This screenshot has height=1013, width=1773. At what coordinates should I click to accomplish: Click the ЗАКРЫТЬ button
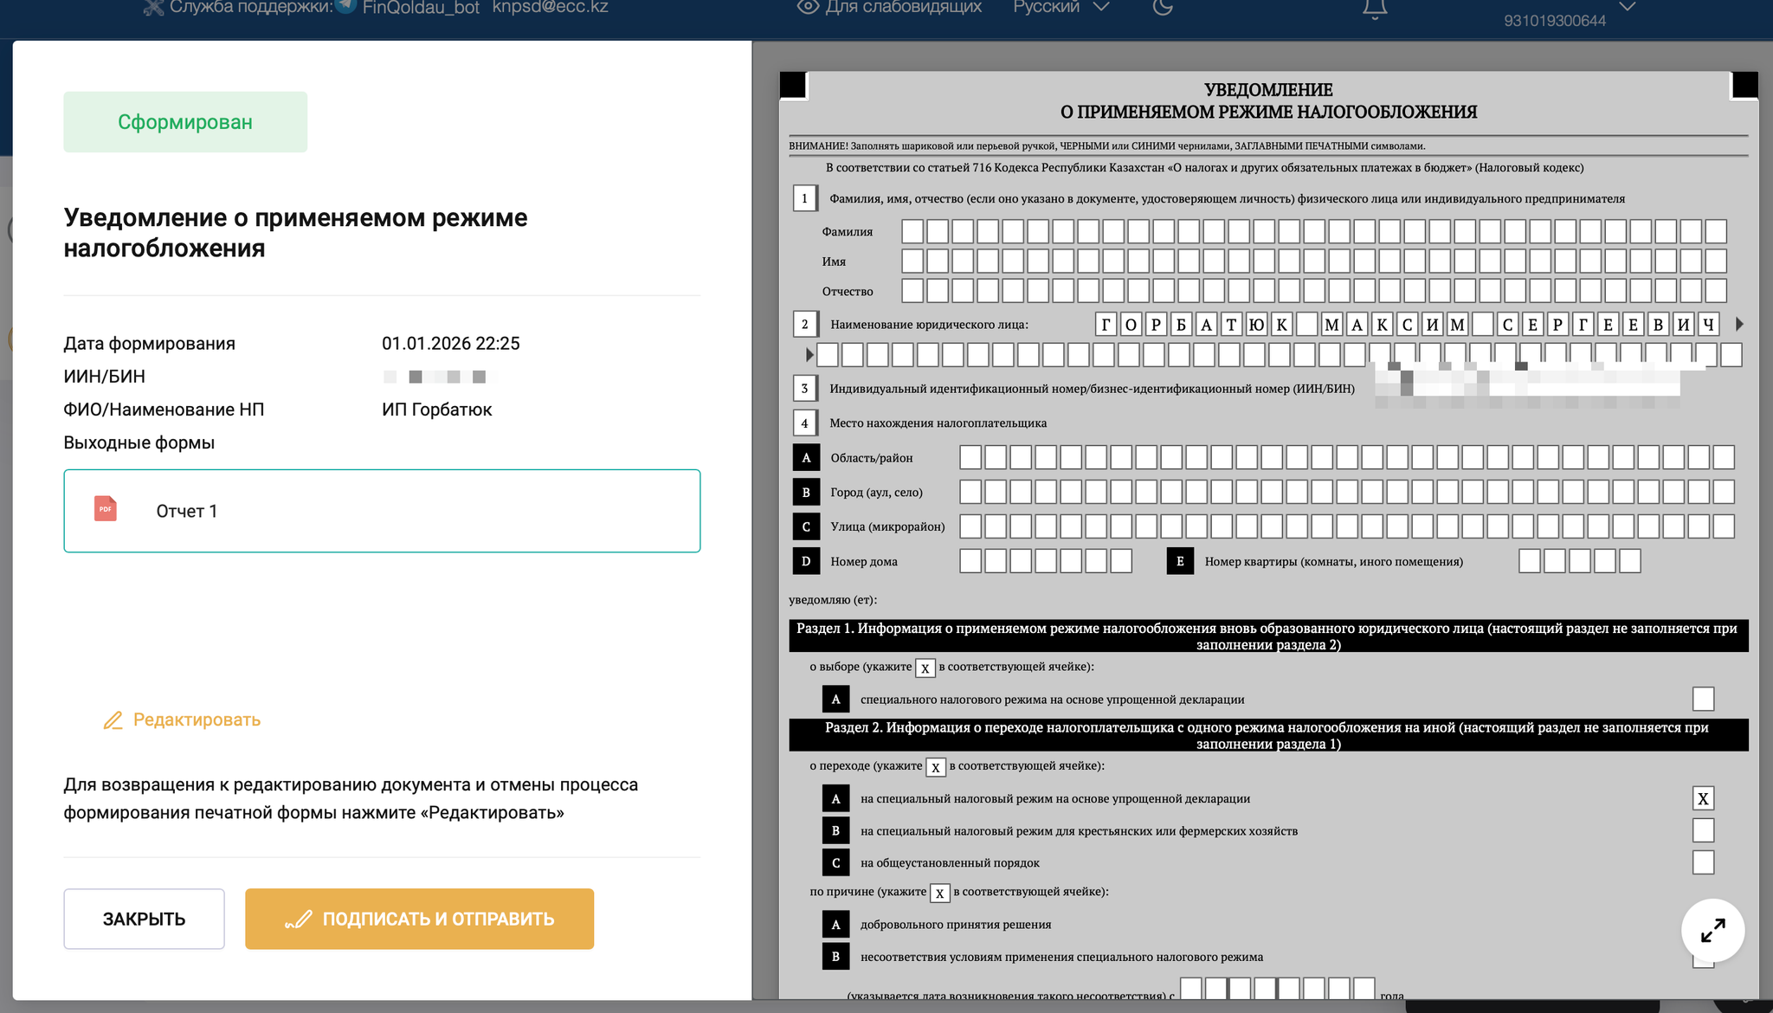coord(144,919)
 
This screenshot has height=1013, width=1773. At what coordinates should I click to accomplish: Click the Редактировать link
coord(196,719)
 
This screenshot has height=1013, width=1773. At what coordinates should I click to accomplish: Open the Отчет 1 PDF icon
coord(106,509)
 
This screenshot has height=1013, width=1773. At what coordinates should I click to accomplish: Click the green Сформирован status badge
coord(185,122)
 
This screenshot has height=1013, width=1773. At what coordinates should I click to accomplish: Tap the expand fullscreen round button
coord(1712,931)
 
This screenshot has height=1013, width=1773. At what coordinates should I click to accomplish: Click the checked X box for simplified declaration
coord(1703,798)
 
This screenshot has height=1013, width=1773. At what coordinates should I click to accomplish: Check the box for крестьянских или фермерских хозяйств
coord(1703,830)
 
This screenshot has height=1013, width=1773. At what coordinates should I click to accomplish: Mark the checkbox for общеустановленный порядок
coord(1703,862)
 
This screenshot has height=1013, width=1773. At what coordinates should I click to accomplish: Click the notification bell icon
coord(1375,9)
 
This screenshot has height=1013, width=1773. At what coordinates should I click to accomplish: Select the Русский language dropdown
coord(1061,7)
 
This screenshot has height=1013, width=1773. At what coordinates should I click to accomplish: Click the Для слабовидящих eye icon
coord(808,7)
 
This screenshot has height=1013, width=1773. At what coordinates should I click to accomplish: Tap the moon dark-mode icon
coord(1164,7)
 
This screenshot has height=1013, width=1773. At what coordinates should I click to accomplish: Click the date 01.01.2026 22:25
coord(450,344)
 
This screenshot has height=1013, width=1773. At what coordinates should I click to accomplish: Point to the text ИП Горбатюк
coord(436,410)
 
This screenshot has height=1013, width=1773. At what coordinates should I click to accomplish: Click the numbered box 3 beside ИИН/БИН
coord(804,388)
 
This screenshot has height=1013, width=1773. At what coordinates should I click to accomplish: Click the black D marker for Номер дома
coord(806,561)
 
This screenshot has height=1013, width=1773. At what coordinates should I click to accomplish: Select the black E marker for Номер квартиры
coord(1180,561)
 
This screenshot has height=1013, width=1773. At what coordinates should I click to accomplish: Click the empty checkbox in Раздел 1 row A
coord(1703,699)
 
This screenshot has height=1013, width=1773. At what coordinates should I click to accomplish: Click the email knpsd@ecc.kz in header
coord(550,7)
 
